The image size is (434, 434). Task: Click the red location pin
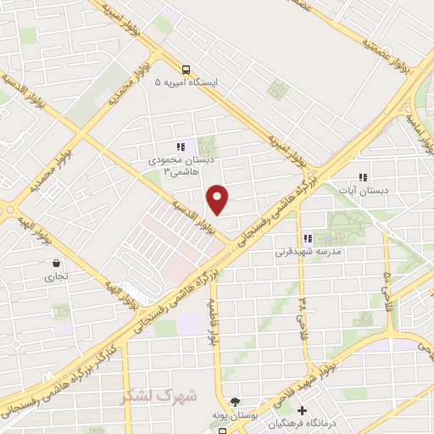(x=219, y=198)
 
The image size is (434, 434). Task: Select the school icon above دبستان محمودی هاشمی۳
(x=179, y=146)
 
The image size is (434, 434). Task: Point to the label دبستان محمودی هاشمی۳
(x=173, y=165)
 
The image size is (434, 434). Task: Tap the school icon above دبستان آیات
(x=363, y=177)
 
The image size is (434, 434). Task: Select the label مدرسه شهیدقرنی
(x=307, y=252)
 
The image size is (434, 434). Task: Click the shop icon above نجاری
(x=56, y=263)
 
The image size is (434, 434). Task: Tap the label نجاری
(x=56, y=275)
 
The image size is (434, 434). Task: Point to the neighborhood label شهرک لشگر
(x=159, y=395)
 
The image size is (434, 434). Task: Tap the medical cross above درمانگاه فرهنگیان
(x=302, y=411)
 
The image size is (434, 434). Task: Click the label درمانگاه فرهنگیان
(x=298, y=424)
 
